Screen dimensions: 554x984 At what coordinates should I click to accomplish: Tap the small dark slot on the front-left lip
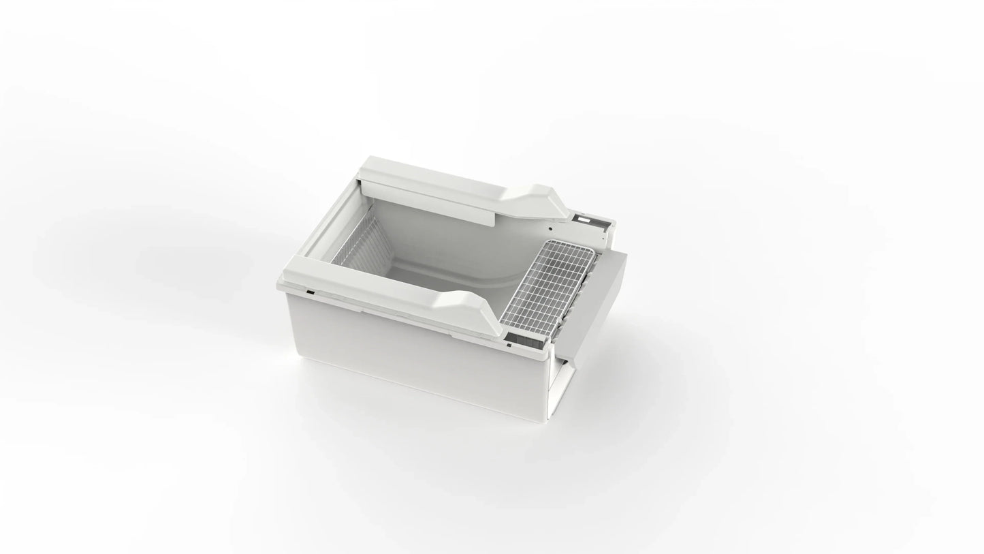pos(310,292)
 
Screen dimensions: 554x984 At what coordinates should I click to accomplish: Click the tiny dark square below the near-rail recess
pos(509,345)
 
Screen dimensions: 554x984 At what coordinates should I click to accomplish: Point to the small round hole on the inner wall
pos(550,228)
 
